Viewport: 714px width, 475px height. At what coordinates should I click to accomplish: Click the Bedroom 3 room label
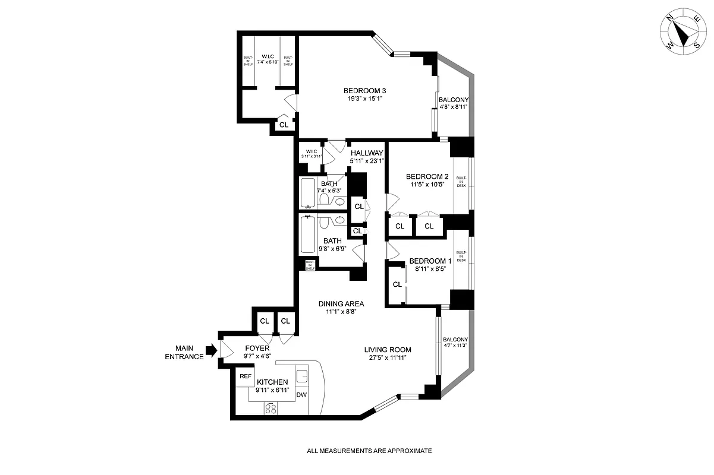[364, 91]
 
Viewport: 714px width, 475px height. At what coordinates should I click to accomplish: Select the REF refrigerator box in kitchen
[244, 376]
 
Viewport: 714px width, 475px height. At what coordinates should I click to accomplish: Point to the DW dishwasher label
[301, 395]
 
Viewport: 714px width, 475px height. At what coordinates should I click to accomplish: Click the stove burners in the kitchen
[272, 408]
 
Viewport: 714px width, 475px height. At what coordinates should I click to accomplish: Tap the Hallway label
[367, 153]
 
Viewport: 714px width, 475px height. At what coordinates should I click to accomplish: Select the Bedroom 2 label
[427, 176]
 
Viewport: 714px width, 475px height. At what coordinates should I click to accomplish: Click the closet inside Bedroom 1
[397, 285]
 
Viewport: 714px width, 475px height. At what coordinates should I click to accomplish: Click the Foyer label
[257, 348]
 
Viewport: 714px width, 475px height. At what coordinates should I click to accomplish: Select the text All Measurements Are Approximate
[369, 451]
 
